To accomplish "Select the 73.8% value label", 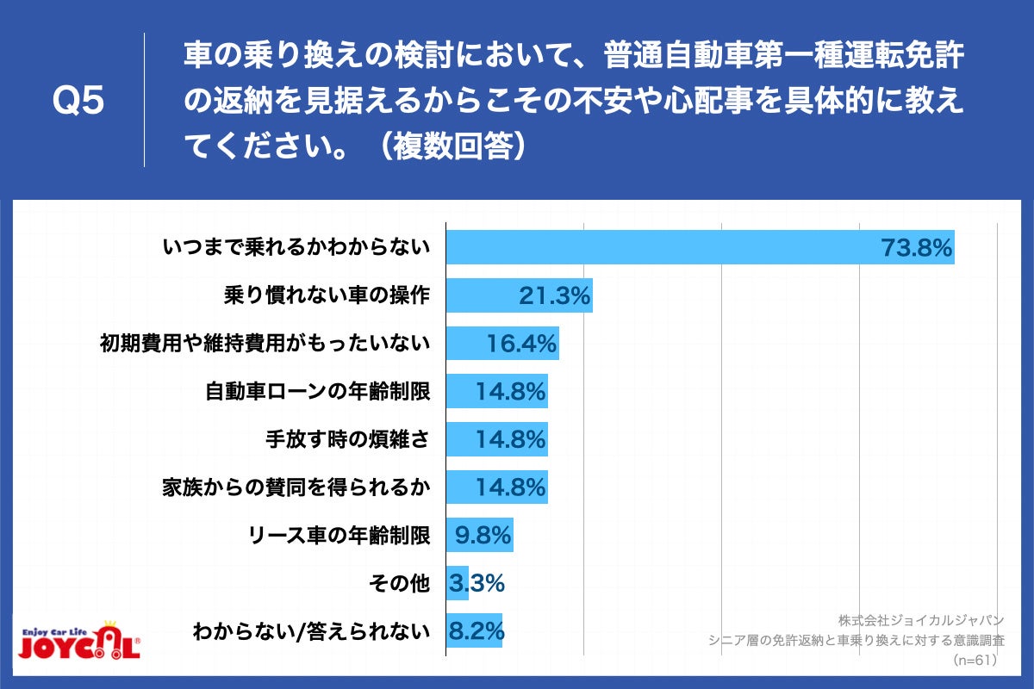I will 916,249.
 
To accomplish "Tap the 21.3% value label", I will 554,296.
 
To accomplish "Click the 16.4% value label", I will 522,344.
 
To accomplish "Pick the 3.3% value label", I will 476,584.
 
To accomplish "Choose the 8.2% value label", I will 476,631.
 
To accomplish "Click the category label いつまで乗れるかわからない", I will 296,249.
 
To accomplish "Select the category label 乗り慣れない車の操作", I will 327,296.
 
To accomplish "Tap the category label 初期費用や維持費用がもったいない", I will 265,344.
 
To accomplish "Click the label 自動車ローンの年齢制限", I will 317,392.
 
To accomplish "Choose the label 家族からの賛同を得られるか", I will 296,487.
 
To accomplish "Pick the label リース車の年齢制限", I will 337,536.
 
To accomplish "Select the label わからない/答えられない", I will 311,631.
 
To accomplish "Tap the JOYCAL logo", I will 79,641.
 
